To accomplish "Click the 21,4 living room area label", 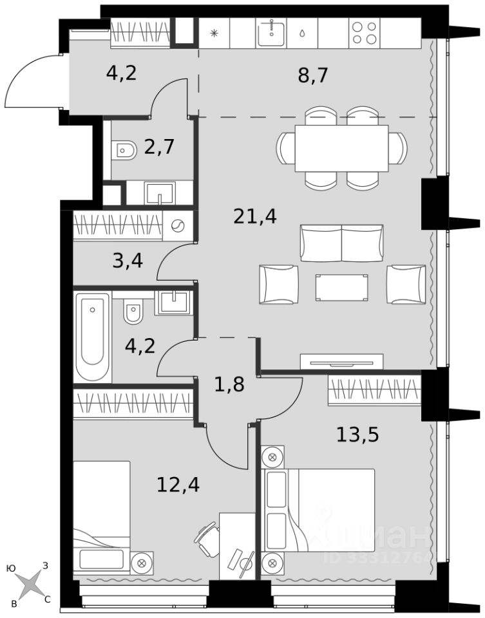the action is click(254, 216).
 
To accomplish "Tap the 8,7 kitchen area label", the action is click(312, 75).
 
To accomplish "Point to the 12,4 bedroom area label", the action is click(178, 484).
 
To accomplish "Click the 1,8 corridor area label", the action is click(229, 384).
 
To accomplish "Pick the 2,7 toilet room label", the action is click(159, 147).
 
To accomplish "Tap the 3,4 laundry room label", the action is click(128, 261).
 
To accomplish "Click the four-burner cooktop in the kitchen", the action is click(365, 33).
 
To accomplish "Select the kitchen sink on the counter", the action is click(271, 33).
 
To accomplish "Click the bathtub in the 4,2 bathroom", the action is click(93, 337).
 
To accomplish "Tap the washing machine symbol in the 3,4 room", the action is click(178, 225).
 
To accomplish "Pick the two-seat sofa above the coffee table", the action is click(341, 243).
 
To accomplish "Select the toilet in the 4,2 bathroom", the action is click(133, 311).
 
